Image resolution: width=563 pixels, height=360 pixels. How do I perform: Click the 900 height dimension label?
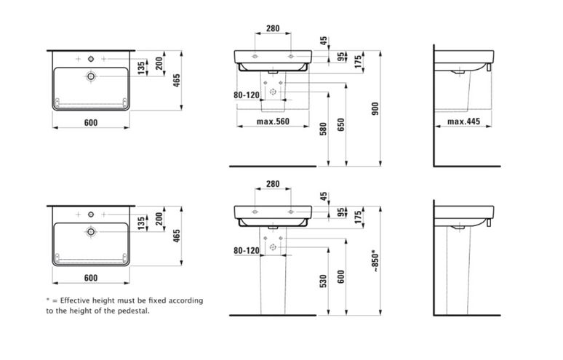tap(375, 109)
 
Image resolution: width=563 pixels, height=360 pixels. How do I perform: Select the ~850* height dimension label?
tap(375, 260)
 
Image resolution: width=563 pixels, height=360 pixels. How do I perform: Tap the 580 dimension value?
tap(323, 129)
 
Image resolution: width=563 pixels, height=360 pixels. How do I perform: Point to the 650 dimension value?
tap(341, 124)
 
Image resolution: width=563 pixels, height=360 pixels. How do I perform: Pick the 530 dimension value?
tap(323, 281)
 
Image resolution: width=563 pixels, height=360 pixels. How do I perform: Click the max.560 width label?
tap(273, 121)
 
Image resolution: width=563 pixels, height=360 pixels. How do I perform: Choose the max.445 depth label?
tap(463, 121)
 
